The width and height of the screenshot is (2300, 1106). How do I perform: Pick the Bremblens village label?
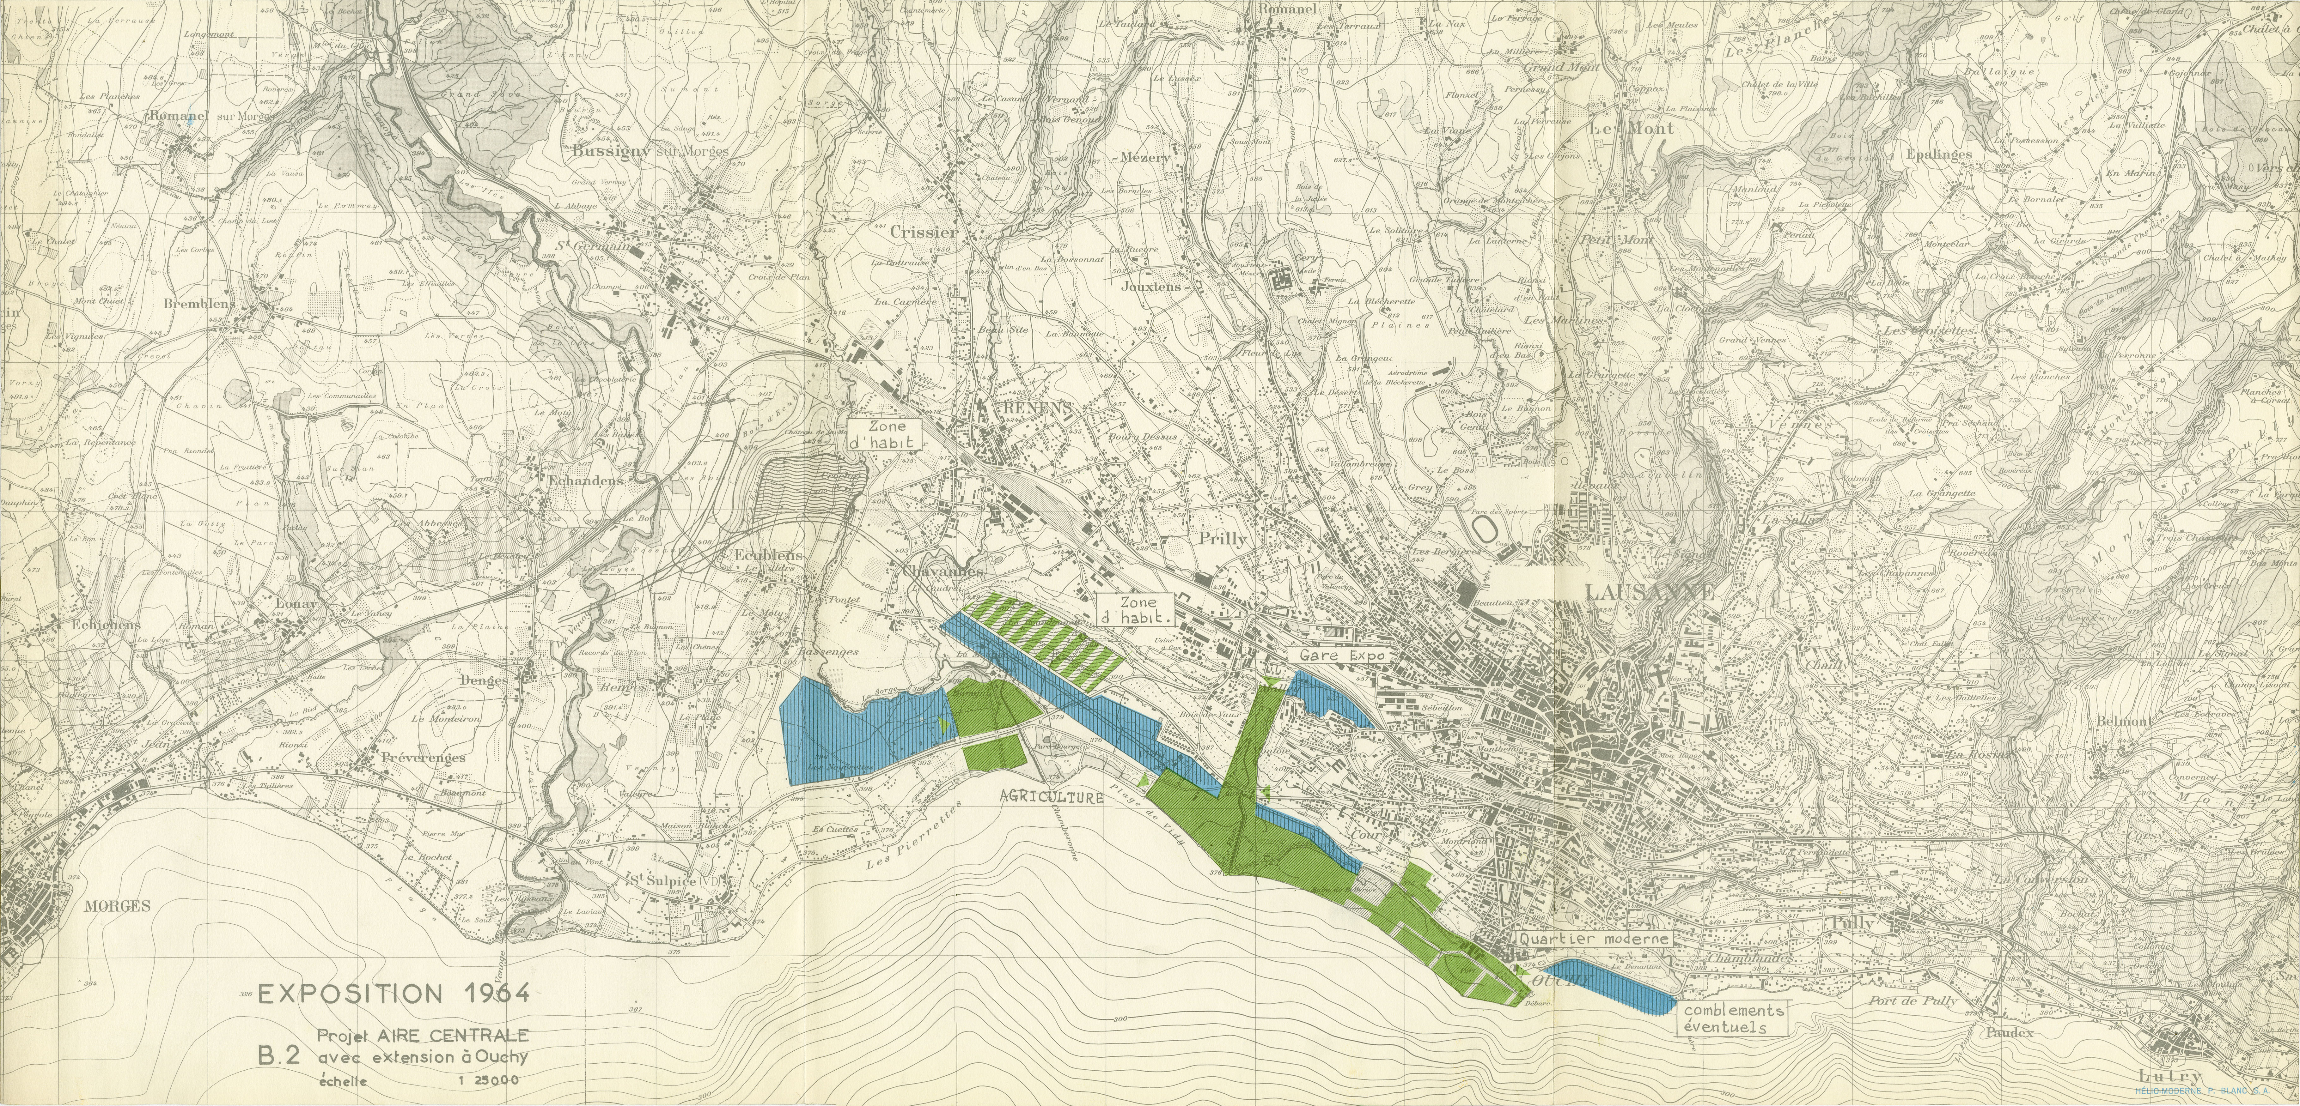pyautogui.click(x=198, y=304)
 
